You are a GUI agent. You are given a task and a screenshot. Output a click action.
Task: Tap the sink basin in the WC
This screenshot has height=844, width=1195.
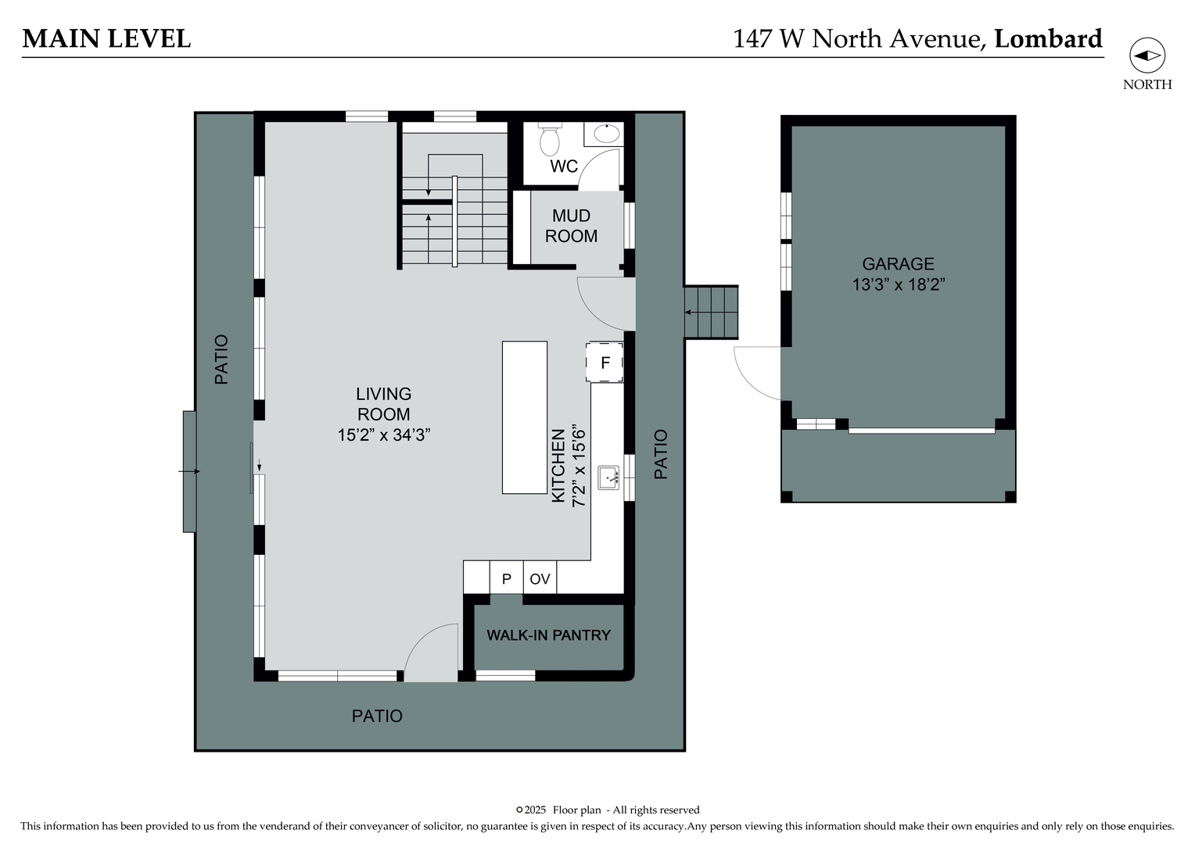click(606, 134)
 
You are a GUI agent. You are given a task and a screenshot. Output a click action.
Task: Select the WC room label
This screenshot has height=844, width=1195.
click(563, 166)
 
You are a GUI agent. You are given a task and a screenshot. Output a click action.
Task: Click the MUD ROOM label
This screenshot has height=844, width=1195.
click(571, 226)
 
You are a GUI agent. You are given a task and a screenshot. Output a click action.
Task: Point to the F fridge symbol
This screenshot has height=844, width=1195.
click(605, 363)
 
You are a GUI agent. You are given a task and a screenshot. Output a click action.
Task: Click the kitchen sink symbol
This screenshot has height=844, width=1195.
click(608, 477)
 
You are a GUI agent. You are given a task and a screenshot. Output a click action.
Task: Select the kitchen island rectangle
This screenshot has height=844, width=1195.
click(524, 417)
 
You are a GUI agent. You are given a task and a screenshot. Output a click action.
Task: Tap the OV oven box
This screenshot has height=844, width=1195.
click(540, 579)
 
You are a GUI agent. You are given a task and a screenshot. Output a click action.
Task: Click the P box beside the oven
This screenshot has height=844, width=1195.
click(506, 579)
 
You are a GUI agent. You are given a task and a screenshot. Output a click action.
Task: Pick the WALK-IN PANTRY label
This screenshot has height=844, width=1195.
click(548, 635)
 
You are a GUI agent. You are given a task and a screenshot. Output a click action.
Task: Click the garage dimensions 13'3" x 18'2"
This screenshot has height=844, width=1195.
click(899, 284)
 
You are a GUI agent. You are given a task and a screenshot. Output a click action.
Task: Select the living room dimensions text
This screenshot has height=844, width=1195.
click(384, 435)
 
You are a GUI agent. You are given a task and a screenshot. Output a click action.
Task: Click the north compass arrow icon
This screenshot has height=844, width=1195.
click(1147, 55)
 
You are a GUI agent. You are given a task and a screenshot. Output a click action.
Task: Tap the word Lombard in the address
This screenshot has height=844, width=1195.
click(1048, 39)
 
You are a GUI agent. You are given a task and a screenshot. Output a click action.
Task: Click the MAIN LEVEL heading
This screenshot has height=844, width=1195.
click(106, 39)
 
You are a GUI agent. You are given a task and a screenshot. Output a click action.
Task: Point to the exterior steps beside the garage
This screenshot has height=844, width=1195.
click(711, 313)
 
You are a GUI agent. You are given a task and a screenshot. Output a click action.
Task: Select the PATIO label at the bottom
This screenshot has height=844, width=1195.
click(377, 716)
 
